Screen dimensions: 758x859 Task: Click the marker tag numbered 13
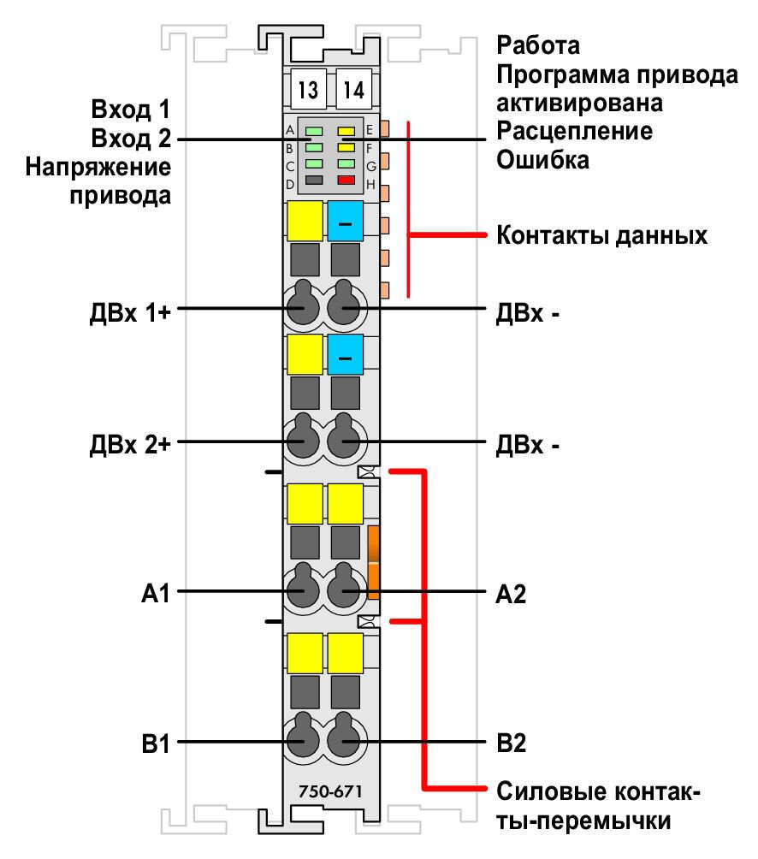[x=308, y=89]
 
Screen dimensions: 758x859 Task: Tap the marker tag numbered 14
[x=353, y=89]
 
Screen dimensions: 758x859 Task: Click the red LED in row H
[x=346, y=181]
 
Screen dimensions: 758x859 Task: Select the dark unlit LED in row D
[x=314, y=180]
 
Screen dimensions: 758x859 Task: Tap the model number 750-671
[x=330, y=791]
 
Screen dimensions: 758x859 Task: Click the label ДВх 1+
[x=130, y=313]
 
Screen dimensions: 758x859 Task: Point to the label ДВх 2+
[x=130, y=444]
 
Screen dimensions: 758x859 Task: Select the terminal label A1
[x=156, y=593]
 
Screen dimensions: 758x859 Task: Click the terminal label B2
[x=511, y=743]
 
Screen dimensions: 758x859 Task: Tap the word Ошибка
[x=542, y=160]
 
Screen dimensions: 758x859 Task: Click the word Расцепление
[x=575, y=132]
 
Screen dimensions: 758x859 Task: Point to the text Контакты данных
[x=602, y=235]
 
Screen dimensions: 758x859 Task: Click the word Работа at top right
[x=538, y=45]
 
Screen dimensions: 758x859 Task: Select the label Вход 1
[x=131, y=109]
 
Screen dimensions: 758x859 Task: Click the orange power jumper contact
[x=374, y=562]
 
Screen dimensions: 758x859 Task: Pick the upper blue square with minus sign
[x=345, y=222]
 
